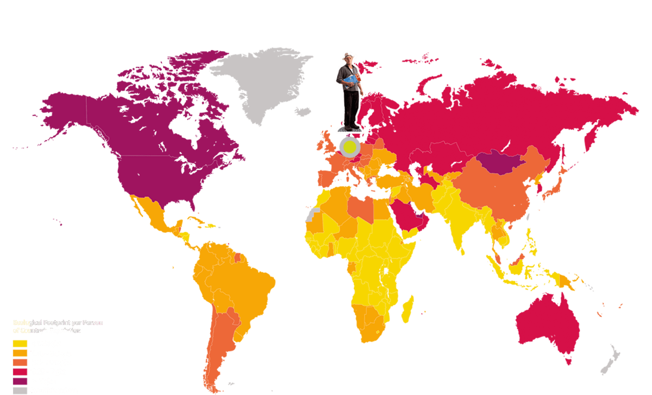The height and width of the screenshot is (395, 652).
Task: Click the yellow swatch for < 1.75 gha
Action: pyautogui.click(x=20, y=343)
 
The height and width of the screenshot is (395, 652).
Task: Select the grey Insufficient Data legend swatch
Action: pyautogui.click(x=20, y=390)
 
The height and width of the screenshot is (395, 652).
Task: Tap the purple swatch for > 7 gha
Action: pyautogui.click(x=20, y=381)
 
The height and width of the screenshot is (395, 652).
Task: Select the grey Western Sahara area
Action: pyautogui.click(x=312, y=214)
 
